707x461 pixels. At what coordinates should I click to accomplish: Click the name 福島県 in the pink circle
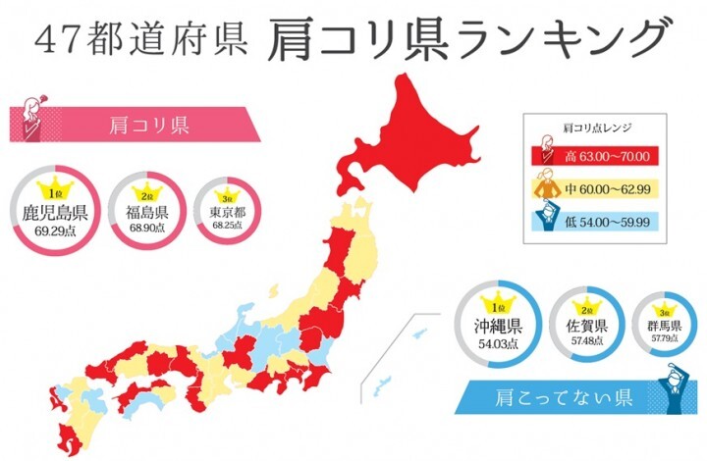[x=147, y=212]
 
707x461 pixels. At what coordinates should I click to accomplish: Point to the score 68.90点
[x=147, y=228]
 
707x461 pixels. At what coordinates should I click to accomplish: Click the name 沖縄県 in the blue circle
[x=500, y=327]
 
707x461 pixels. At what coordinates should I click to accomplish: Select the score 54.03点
[x=500, y=345]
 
